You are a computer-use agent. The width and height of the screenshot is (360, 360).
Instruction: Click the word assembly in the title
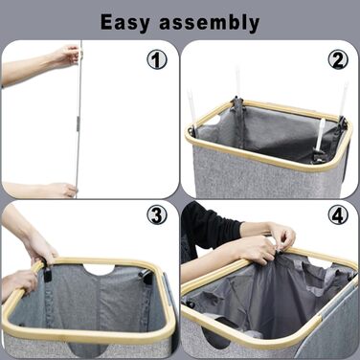coord(210,23)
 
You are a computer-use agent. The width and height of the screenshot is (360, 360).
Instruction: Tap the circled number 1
coord(157,59)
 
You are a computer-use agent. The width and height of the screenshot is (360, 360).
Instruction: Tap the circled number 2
coord(338,59)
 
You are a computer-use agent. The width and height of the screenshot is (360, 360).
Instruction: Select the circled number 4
coord(338,215)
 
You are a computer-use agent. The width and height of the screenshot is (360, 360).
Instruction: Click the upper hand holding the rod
coord(66,55)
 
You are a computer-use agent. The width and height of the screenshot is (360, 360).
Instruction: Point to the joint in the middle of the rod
coord(77,123)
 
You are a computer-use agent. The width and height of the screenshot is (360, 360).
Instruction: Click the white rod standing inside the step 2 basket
coord(320,134)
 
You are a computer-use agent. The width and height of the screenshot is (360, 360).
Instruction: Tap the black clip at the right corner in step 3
coord(146,277)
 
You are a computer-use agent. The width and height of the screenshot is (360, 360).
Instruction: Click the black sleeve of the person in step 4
coord(208,223)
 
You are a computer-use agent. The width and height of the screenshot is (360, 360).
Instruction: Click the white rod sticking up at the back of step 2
coord(237,82)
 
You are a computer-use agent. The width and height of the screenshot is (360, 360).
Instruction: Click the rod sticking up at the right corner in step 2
coord(344,99)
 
